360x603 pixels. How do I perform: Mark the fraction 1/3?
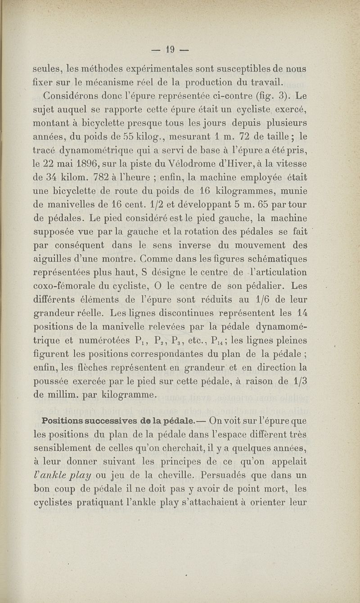[x=297, y=380]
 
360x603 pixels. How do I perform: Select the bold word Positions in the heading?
[x=64, y=421]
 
